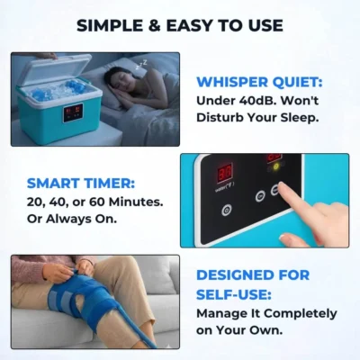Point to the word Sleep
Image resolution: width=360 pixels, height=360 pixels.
(x=303, y=117)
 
